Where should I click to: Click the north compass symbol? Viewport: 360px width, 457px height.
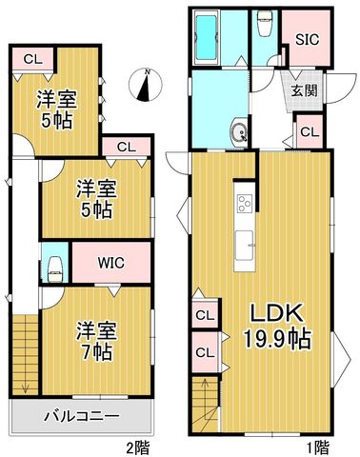(x=146, y=85)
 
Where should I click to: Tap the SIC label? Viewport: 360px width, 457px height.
(x=307, y=40)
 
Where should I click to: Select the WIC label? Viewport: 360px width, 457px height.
(x=110, y=263)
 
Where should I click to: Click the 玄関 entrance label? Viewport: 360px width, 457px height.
(x=305, y=90)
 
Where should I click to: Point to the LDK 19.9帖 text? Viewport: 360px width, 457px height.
(x=276, y=327)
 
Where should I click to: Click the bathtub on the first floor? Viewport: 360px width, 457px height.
(x=207, y=37)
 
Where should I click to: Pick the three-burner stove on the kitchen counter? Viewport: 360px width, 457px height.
(x=245, y=204)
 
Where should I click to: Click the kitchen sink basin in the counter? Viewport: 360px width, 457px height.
(x=245, y=245)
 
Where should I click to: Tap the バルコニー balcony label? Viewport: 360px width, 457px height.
(x=82, y=416)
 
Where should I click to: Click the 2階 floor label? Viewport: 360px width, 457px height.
(x=137, y=448)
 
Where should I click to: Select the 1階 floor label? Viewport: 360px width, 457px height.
(x=317, y=448)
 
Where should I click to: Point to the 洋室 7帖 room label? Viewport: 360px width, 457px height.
(x=96, y=341)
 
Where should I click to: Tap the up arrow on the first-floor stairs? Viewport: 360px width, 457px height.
(x=205, y=388)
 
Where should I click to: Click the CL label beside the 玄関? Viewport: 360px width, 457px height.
(x=310, y=132)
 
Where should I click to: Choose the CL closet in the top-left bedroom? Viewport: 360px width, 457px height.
(x=33, y=60)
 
